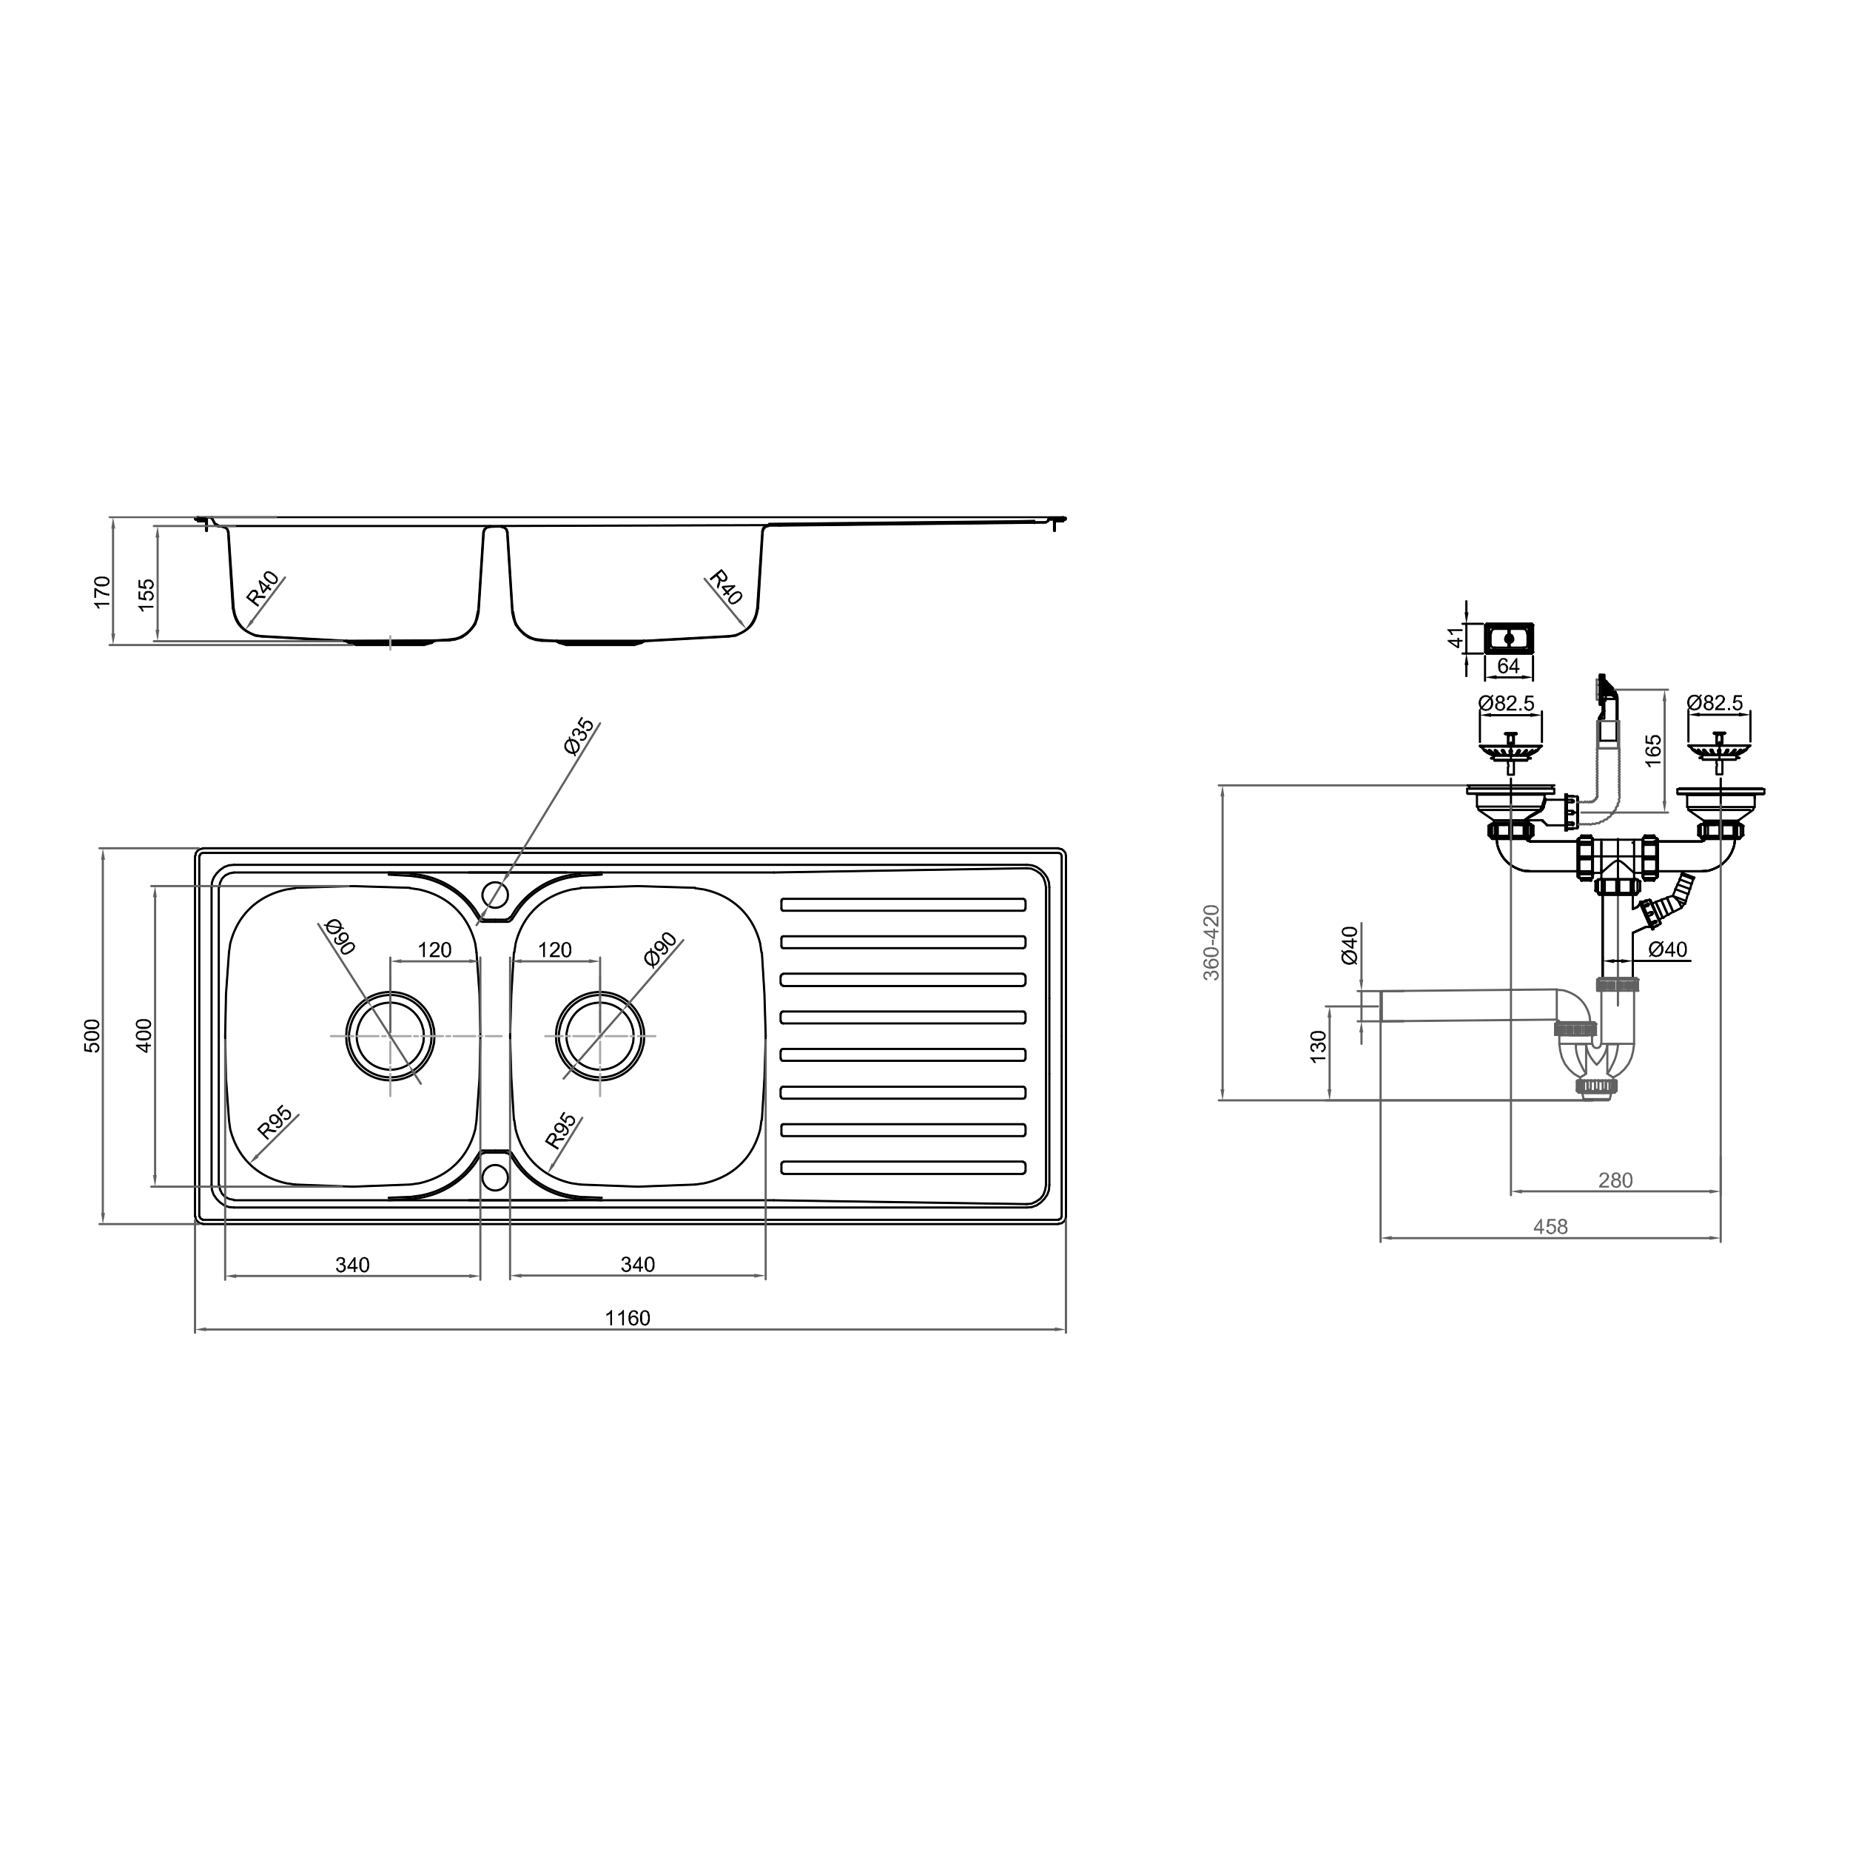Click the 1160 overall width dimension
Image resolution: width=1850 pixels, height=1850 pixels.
[628, 1319]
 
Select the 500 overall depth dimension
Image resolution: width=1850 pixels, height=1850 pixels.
[92, 1035]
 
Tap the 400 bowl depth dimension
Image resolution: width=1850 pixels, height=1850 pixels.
[144, 1035]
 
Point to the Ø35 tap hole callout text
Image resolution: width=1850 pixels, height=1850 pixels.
[579, 736]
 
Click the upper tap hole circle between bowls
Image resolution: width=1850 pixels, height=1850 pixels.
[495, 895]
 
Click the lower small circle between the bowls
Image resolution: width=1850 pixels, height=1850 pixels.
[495, 1176]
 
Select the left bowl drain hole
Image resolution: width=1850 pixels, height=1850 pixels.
[391, 1036]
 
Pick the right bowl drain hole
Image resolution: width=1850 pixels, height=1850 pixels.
[600, 1036]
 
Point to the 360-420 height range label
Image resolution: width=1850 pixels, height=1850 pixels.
[1211, 942]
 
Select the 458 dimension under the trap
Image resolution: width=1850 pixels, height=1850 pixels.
[1550, 1227]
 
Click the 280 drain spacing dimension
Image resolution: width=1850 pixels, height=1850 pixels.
[1615, 1180]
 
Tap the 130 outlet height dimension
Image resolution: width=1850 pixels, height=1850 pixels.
[1319, 1046]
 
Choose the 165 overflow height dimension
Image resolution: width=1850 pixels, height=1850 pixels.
[1654, 750]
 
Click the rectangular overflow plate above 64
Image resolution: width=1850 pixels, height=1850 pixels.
[1509, 637]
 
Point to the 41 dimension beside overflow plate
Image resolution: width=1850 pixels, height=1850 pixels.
[1456, 637]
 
